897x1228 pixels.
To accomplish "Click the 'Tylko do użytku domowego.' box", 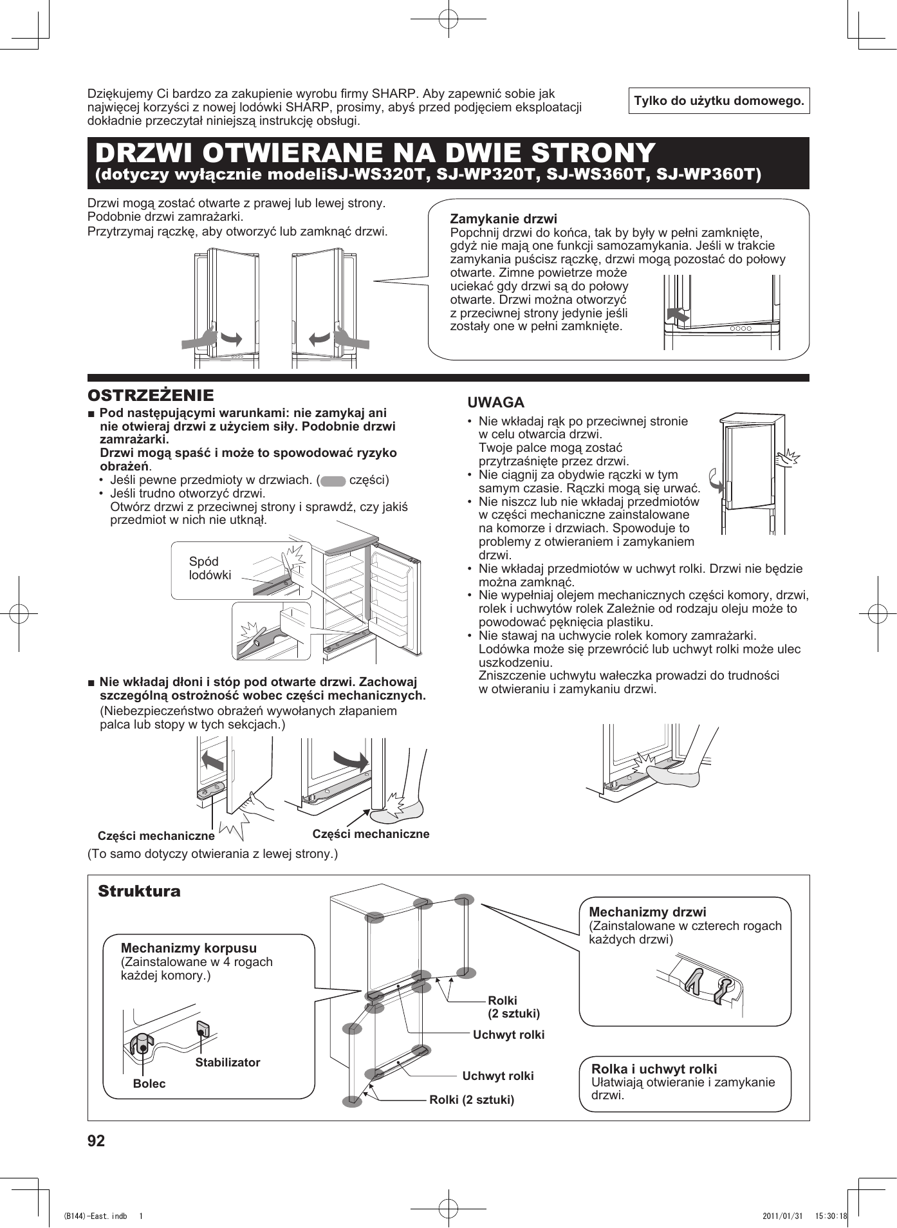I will pos(719,101).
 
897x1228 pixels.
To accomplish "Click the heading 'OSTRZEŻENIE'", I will pos(151,395).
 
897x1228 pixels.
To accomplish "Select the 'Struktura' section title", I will pos(139,891).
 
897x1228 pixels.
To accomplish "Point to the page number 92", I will pos(96,1141).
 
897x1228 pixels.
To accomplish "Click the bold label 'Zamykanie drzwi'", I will pos(503,219).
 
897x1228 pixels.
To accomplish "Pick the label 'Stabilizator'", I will pos(228,1063).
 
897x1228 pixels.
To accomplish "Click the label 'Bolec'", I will pos(149,1084).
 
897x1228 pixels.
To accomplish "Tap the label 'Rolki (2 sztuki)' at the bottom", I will pos(472,1099).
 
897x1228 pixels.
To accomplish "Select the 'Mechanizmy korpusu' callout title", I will pos(189,948).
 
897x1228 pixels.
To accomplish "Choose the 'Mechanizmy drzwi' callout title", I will pos(647,912).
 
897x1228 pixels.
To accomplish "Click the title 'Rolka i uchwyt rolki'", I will pos(654,1069).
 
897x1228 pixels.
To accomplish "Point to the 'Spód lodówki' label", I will pos(210,568).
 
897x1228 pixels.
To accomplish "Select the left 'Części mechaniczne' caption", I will pos(156,836).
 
